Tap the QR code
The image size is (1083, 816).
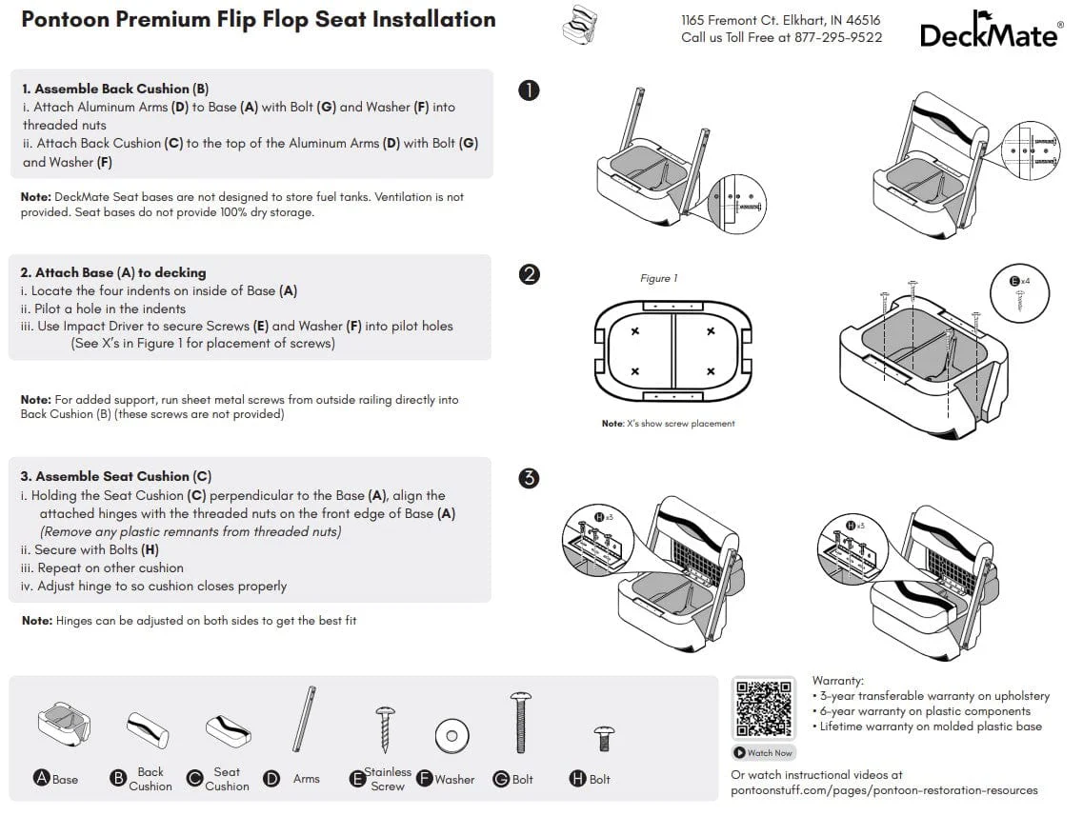point(764,708)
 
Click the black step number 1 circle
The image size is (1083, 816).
point(529,90)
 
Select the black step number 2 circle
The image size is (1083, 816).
point(529,274)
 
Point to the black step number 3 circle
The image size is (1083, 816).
point(529,478)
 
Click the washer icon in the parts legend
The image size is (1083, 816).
point(451,735)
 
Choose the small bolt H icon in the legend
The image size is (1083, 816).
point(603,738)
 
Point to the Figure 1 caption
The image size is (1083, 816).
point(659,279)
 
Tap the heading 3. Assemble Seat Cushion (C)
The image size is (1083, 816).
point(116,476)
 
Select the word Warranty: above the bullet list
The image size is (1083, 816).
point(838,681)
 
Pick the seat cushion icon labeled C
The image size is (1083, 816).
point(228,730)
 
